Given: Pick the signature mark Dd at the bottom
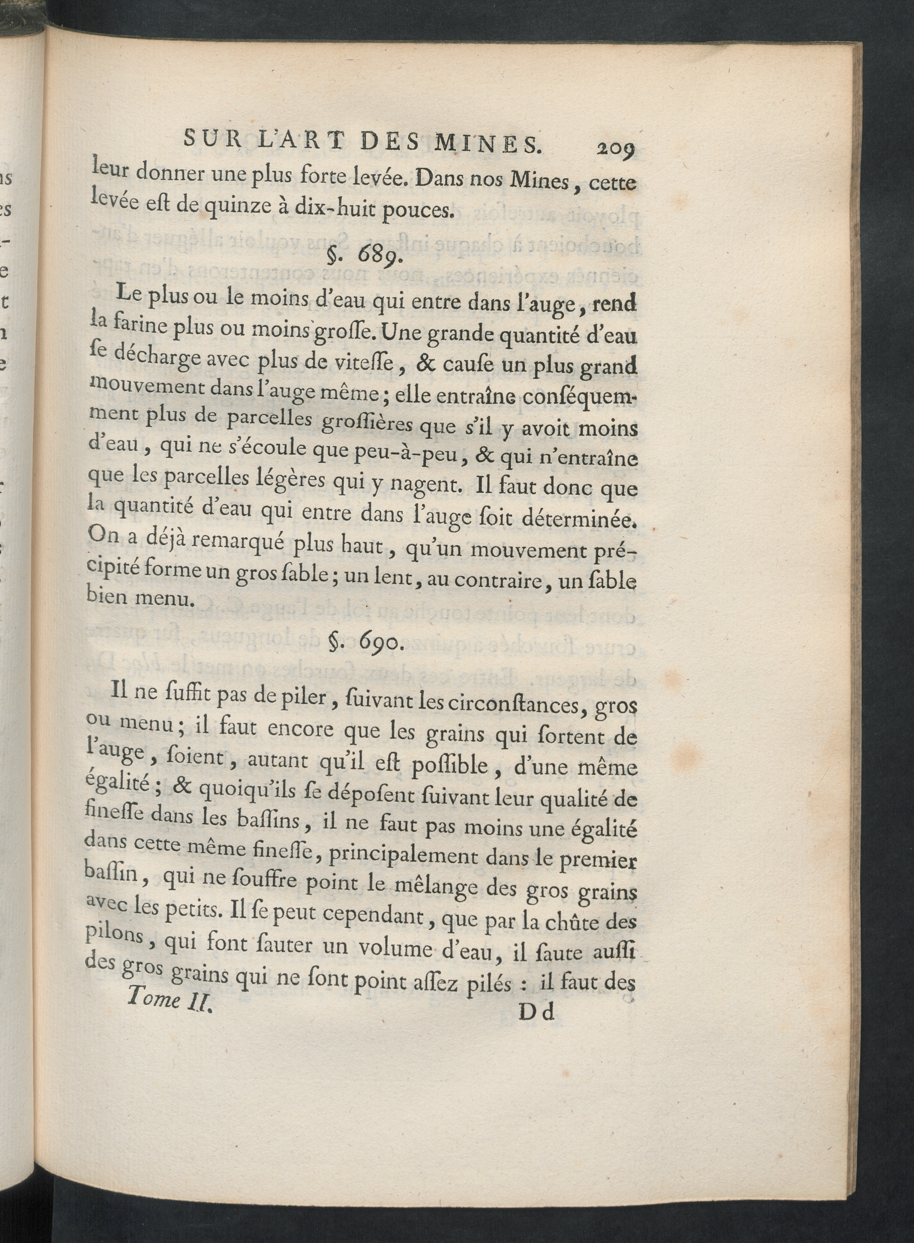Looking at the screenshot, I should coord(536,1011).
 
